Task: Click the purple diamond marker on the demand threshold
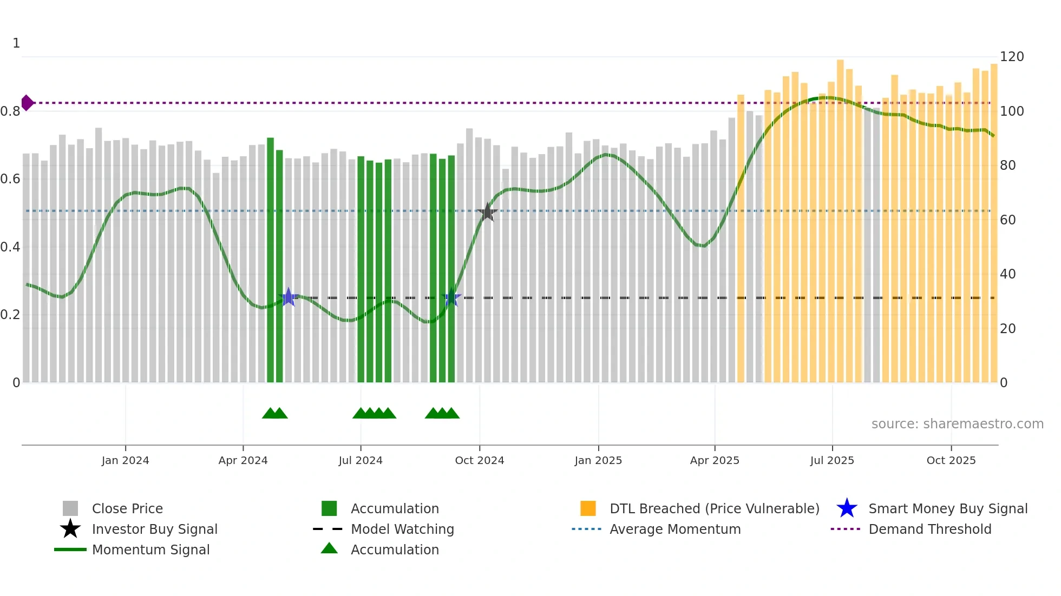click(27, 103)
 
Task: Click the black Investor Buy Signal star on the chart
click(487, 213)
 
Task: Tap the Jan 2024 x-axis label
click(125, 460)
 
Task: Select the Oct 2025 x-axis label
click(951, 460)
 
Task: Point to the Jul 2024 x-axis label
click(361, 460)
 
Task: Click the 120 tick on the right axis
click(1012, 57)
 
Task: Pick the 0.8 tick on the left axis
click(10, 111)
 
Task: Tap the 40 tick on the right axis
click(1007, 274)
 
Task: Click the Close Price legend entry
click(127, 508)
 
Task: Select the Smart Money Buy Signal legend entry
click(947, 508)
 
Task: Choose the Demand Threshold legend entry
click(929, 529)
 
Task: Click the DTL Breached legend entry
click(714, 508)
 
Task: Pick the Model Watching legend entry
click(402, 529)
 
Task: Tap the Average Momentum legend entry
click(675, 529)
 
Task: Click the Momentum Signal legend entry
click(150, 549)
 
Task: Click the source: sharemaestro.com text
click(957, 424)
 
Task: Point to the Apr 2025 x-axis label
click(715, 460)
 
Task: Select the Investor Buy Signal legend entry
click(154, 529)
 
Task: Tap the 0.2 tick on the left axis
click(10, 315)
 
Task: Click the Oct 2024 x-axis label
click(480, 460)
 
